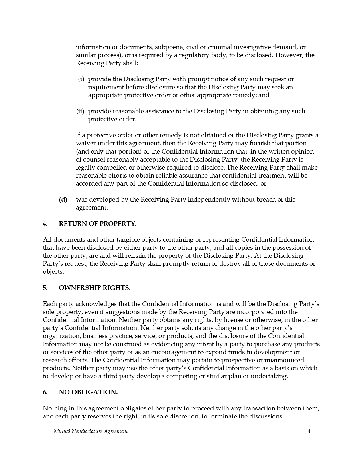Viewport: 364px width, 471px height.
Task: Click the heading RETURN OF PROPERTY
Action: pos(97,224)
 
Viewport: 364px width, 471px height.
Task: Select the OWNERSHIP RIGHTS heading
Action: pos(94,288)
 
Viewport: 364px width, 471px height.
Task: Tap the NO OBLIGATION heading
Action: pos(88,392)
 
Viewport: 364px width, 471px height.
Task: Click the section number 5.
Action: pos(45,288)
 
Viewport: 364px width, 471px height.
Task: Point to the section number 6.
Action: pos(45,392)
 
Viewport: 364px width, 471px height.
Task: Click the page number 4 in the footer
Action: pos(309,431)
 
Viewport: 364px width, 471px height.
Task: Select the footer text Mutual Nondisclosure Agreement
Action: pos(91,431)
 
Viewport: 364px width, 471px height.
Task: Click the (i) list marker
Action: pos(81,79)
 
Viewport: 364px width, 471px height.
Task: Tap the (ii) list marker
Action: pos(80,111)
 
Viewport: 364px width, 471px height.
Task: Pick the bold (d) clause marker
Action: pos(63,200)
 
